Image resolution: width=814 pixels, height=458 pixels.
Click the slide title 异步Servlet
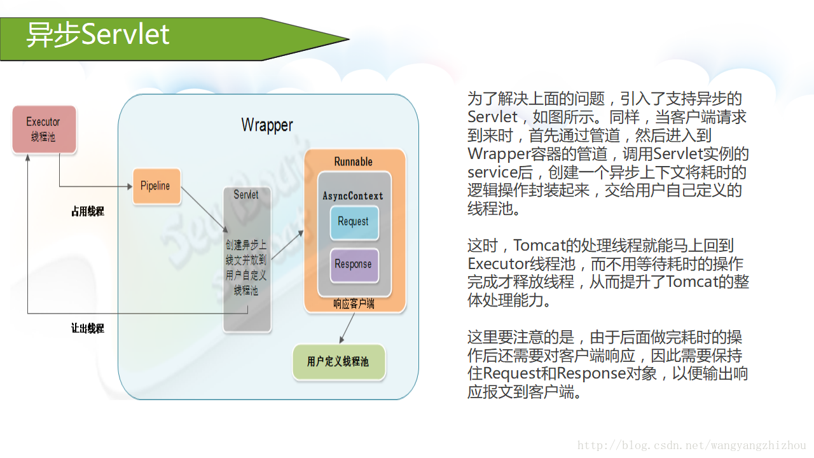pyautogui.click(x=97, y=34)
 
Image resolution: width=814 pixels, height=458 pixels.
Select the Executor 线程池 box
pyautogui.click(x=44, y=129)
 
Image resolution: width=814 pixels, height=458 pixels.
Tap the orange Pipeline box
pyautogui.click(x=156, y=186)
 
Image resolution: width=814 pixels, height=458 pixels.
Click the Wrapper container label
pyautogui.click(x=267, y=125)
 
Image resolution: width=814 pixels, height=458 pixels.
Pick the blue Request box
pyautogui.click(x=353, y=222)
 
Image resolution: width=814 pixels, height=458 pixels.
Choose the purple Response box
pyautogui.click(x=353, y=265)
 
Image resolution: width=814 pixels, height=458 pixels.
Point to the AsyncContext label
pyautogui.click(x=353, y=196)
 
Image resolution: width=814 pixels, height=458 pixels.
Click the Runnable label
pyautogui.click(x=353, y=162)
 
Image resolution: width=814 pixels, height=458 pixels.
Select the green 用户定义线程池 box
pyautogui.click(x=338, y=362)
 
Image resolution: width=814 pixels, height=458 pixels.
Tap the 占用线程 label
pyautogui.click(x=87, y=212)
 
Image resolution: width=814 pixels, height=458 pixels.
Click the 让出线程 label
pyautogui.click(x=87, y=328)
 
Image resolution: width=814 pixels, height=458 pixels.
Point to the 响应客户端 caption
pyautogui.click(x=354, y=304)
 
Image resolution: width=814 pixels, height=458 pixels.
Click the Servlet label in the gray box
pyautogui.click(x=246, y=195)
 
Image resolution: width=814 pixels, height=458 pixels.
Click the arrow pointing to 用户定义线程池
pyautogui.click(x=347, y=328)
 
